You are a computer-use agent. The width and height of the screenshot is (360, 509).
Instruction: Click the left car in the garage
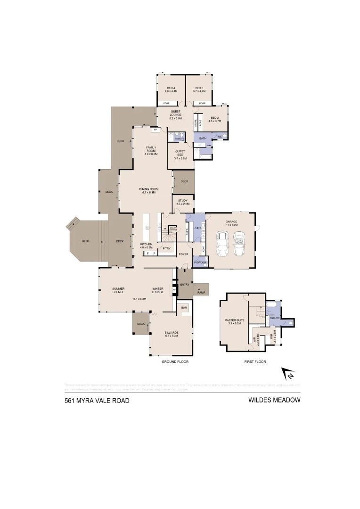[x=222, y=244]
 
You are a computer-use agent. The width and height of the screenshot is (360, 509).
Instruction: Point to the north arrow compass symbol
[x=288, y=374]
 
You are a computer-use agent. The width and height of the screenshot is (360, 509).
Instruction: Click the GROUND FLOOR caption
[x=175, y=361]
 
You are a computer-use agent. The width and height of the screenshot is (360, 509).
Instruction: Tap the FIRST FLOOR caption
[x=255, y=361]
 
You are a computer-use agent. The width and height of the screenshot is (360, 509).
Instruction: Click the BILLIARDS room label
[x=171, y=333]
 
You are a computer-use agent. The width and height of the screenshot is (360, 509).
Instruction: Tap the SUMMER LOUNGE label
[x=118, y=290]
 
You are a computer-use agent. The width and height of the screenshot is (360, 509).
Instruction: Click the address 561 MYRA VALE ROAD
[x=97, y=401]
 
